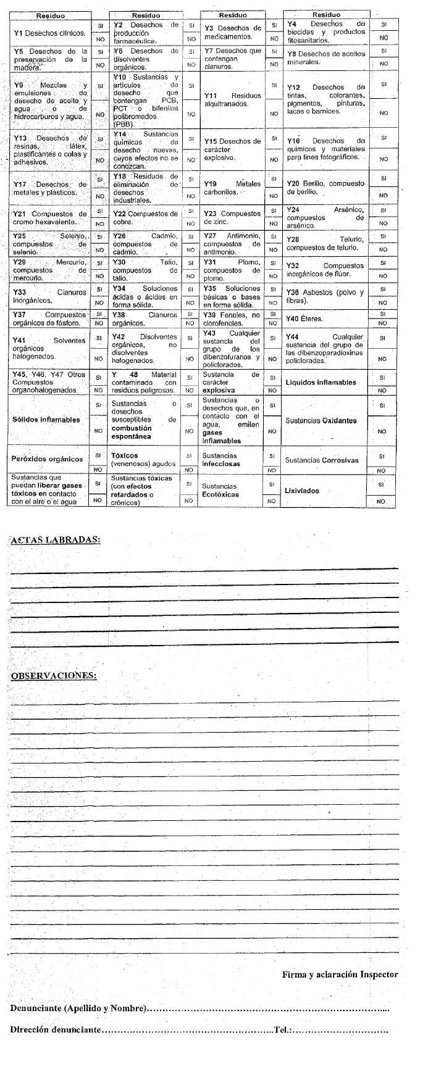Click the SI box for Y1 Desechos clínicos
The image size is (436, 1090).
pyautogui.click(x=100, y=26)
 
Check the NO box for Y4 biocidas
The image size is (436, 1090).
pyautogui.click(x=384, y=38)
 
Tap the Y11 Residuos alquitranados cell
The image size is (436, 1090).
pyautogui.click(x=232, y=100)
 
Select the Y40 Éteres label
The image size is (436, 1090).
pyautogui.click(x=304, y=319)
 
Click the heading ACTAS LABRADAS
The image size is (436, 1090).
pyautogui.click(x=55, y=539)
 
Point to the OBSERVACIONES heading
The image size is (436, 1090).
pyautogui.click(x=53, y=675)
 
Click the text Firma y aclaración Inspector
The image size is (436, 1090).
pyautogui.click(x=340, y=975)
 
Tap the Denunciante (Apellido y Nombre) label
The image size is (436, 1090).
pyautogui.click(x=78, y=1008)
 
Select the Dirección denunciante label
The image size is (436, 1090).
pyautogui.click(x=55, y=1030)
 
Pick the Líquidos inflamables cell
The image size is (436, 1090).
pyautogui.click(x=321, y=382)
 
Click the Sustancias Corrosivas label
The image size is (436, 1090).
pyautogui.click(x=321, y=460)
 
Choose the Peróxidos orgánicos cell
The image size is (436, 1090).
pyautogui.click(x=47, y=459)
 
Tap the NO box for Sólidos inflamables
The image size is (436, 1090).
pyautogui.click(x=98, y=430)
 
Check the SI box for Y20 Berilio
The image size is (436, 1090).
pyautogui.click(x=383, y=178)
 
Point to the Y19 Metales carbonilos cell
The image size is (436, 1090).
pyautogui.click(x=232, y=188)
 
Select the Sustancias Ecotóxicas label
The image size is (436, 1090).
pyautogui.click(x=220, y=490)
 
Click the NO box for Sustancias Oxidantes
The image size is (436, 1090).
pyautogui.click(x=382, y=431)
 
